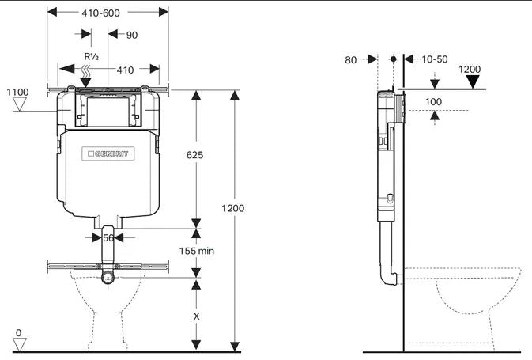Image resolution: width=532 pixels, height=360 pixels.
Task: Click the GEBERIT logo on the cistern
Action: coord(109,153)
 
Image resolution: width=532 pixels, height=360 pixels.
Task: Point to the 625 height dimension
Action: coord(194,155)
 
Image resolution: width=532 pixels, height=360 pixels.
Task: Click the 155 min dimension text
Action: coord(197,251)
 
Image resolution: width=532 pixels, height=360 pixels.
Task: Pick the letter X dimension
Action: coord(195,314)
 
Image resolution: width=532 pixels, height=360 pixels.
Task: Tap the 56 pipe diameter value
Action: coord(108,237)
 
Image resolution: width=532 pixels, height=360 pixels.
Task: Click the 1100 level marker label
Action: coord(18,93)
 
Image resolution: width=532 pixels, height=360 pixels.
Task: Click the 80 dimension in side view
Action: coord(352,59)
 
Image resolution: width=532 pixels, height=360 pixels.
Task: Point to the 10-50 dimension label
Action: coord(434,59)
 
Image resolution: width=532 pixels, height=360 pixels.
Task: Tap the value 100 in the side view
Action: coord(433,102)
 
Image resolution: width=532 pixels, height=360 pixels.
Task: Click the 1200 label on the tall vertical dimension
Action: coord(233,208)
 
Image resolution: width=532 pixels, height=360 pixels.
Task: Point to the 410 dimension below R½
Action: coord(126,70)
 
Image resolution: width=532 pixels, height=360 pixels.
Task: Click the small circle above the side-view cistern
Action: coord(393,59)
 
